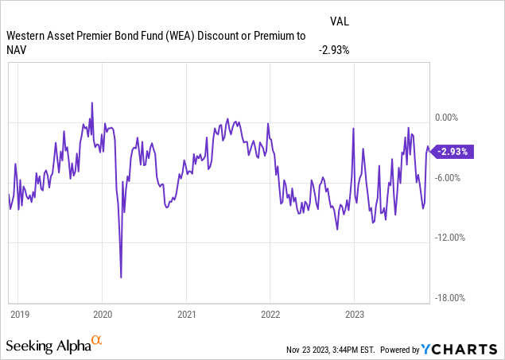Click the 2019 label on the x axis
pos(21,314)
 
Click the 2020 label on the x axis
pos(103,314)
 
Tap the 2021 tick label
pos(186,314)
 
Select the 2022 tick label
pos(270,314)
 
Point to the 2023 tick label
pos(354,314)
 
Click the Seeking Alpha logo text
pos(48,346)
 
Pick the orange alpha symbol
pos(96,341)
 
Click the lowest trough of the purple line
pos(121,277)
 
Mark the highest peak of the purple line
pos(92,103)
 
